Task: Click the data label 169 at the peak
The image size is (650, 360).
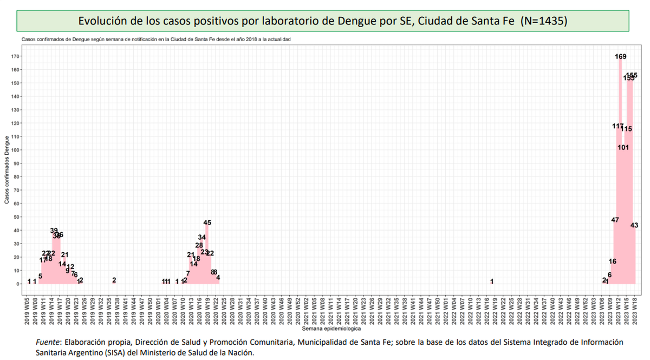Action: coord(621,56)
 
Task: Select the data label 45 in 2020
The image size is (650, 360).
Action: coord(207,222)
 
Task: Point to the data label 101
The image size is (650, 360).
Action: coord(623,147)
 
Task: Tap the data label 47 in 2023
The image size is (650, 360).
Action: coord(615,220)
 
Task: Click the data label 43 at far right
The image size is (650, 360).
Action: coord(634,225)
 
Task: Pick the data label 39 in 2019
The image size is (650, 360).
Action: coord(54,231)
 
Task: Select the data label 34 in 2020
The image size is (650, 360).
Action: coord(201,237)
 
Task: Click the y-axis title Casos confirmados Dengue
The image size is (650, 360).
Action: coord(6,170)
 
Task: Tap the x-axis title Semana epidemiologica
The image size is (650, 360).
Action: coord(331,328)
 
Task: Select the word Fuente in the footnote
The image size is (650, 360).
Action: coord(47,342)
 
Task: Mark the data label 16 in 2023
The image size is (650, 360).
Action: coord(612,261)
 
